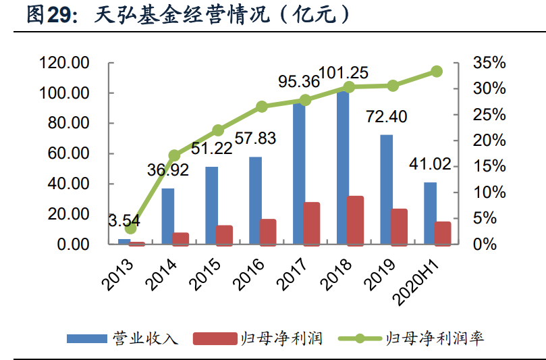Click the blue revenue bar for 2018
[x=343, y=169]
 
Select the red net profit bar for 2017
[x=311, y=224]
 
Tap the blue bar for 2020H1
[x=430, y=213]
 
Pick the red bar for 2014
[x=180, y=238]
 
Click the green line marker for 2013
[x=130, y=229]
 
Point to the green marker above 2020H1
[x=437, y=71]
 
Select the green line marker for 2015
[x=218, y=130]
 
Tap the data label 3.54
[x=126, y=220]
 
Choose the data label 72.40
[x=386, y=117]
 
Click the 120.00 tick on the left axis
[x=65, y=63]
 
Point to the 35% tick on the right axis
[x=489, y=63]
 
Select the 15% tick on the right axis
[x=489, y=167]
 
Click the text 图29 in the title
[x=49, y=16]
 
